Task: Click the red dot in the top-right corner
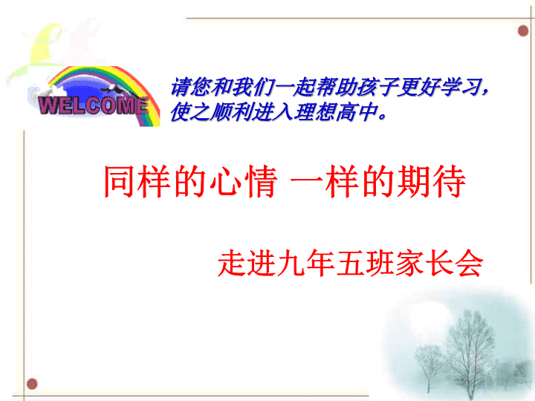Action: coord(522,31)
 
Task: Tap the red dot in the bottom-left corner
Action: coord(32,384)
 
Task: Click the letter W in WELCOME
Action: coord(48,105)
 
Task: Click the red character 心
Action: coord(225,181)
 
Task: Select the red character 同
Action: coord(120,181)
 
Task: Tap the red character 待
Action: coord(449,181)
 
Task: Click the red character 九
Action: coord(291,263)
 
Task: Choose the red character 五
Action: coord(350,263)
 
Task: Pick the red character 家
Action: coord(409,263)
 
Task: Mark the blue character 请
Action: coord(180,87)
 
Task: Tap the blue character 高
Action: coord(347,112)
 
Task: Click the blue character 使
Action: coord(180,112)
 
